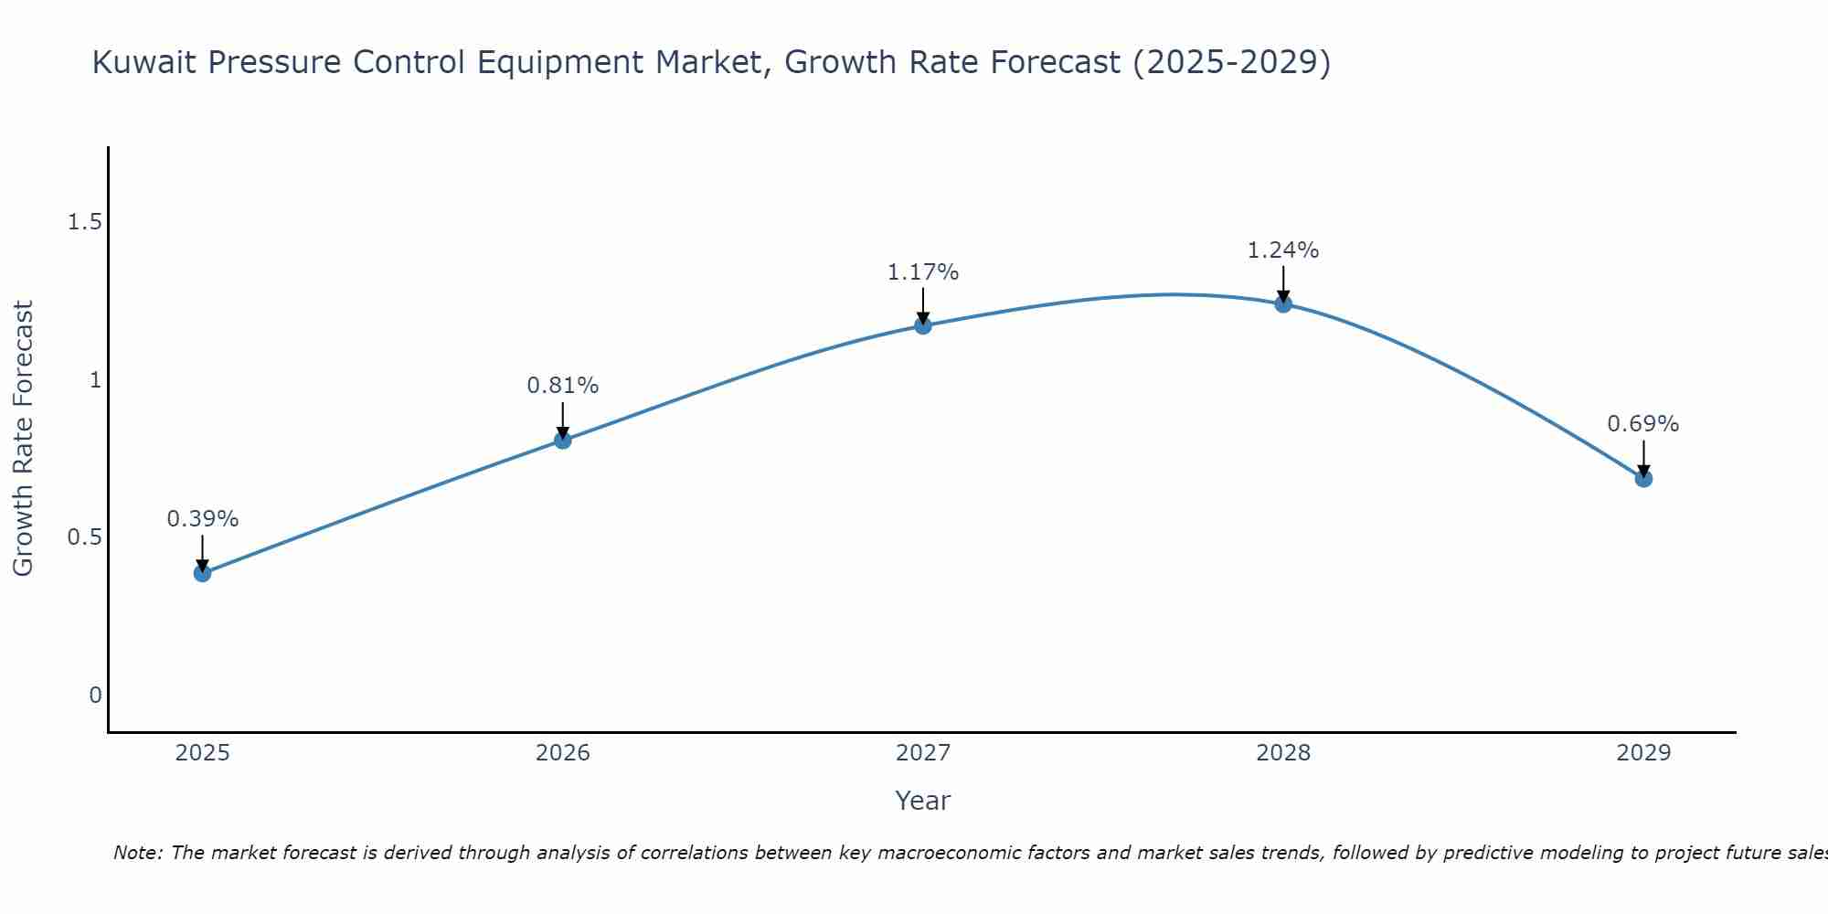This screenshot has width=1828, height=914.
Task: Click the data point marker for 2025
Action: (x=202, y=573)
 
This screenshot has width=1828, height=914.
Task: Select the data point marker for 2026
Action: (x=562, y=441)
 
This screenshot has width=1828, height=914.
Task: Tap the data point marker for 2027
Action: (x=923, y=325)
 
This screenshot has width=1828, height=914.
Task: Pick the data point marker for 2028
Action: (x=1283, y=303)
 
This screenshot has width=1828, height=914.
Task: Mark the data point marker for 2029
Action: (x=1643, y=478)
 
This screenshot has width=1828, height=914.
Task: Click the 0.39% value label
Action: (x=202, y=519)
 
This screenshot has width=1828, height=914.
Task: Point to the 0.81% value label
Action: (x=562, y=386)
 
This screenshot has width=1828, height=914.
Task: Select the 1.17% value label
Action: (x=923, y=272)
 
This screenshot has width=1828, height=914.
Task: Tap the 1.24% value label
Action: (x=1283, y=250)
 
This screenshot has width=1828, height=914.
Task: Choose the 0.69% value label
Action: (x=1643, y=424)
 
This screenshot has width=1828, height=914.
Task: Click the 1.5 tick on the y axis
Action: (x=84, y=222)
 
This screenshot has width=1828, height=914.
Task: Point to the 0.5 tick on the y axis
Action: (x=84, y=537)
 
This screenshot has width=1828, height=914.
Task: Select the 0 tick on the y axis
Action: (x=95, y=696)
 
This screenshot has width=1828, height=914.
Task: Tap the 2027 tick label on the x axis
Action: (x=923, y=753)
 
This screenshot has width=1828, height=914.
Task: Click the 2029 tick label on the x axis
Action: (x=1643, y=753)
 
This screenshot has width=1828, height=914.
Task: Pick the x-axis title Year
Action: (x=923, y=801)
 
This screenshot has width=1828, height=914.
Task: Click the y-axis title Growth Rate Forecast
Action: (x=23, y=439)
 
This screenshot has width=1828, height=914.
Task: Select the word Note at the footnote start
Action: (x=137, y=853)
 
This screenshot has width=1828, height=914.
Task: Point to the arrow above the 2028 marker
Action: (x=1283, y=283)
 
